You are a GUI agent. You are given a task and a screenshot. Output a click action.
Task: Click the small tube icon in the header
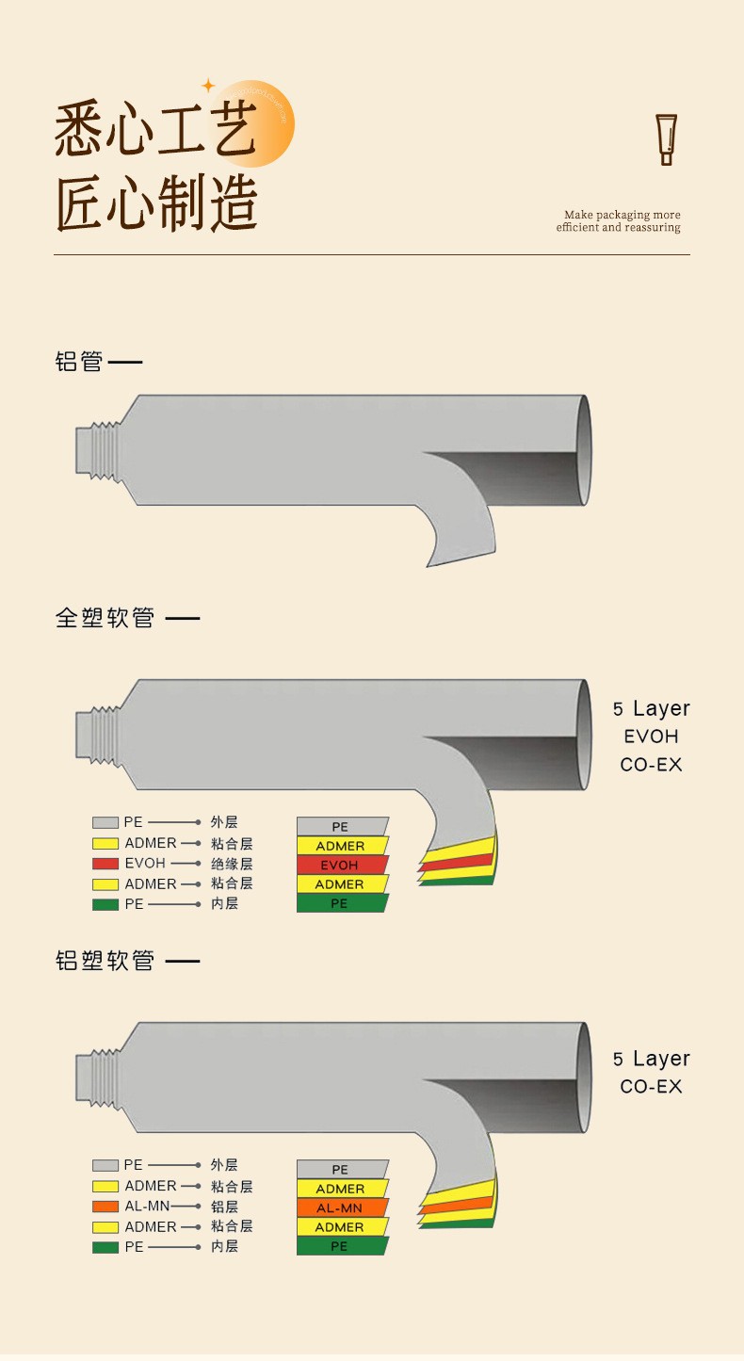tap(667, 139)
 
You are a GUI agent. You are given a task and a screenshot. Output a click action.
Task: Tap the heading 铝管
tap(79, 362)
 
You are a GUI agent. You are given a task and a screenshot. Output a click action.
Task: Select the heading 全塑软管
tap(105, 619)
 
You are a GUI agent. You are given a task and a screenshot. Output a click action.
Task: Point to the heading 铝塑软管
tap(105, 962)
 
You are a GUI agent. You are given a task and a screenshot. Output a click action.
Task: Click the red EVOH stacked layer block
tap(341, 865)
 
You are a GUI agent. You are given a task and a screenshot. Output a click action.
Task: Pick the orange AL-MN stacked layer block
tap(341, 1207)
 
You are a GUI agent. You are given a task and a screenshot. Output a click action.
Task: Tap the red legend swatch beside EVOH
tap(105, 864)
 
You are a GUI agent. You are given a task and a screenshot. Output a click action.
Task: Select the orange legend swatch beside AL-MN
tap(105, 1207)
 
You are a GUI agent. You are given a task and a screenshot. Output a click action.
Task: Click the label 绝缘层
tap(231, 864)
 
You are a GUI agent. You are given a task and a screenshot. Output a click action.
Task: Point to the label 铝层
tap(224, 1207)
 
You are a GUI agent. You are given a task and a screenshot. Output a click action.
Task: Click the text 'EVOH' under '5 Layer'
tap(651, 737)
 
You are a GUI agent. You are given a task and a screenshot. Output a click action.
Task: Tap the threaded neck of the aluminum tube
tap(99, 450)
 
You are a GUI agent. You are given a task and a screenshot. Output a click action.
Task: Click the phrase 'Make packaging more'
tap(622, 215)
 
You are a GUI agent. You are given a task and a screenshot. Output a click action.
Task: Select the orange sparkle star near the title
tap(208, 86)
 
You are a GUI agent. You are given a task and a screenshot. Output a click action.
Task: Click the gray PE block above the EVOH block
tap(341, 826)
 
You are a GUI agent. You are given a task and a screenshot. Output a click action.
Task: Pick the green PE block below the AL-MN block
tap(341, 1246)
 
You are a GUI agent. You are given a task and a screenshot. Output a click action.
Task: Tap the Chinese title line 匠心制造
tap(156, 203)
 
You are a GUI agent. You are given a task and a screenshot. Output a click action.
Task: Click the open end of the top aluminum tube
tap(584, 450)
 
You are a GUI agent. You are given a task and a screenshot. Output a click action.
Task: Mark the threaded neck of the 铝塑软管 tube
tap(99, 1077)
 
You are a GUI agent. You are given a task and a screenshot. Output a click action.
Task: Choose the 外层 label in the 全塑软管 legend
tap(224, 823)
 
